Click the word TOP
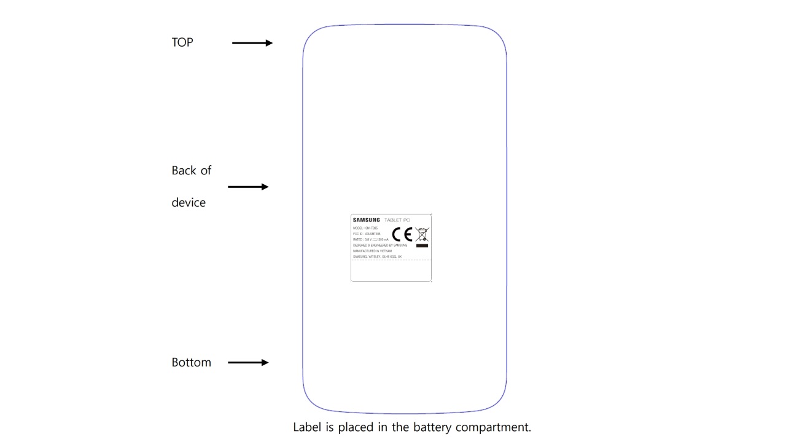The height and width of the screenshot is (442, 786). click(182, 42)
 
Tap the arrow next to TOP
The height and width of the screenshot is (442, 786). click(252, 43)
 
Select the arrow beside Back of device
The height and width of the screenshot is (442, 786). click(248, 187)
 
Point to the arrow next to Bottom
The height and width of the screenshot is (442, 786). click(248, 362)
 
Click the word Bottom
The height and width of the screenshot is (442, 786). click(191, 362)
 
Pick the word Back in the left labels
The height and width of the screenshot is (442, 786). click(184, 171)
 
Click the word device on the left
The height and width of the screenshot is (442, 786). click(189, 203)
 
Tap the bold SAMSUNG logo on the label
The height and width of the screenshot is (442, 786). click(367, 220)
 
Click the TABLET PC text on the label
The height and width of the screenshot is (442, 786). click(397, 220)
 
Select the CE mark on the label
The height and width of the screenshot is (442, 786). click(402, 234)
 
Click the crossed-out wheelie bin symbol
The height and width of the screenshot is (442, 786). click(422, 234)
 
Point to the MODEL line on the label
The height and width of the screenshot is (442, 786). click(365, 228)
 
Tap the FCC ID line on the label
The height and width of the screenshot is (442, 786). click(367, 234)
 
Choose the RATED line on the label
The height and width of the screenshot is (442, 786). click(371, 239)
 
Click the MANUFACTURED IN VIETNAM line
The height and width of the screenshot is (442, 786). click(372, 251)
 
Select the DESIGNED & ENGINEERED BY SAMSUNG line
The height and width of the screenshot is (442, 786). click(380, 245)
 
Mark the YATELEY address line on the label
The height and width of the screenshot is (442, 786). click(378, 257)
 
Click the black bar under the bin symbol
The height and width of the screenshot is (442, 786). click(422, 246)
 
